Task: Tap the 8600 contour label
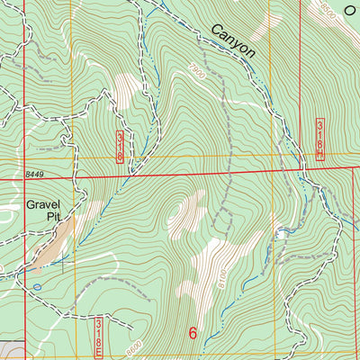pyautogui.click(x=135, y=345)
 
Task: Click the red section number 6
pyautogui.click(x=193, y=332)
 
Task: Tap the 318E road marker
pyautogui.click(x=99, y=333)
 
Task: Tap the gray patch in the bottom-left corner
pyautogui.click(x=9, y=350)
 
